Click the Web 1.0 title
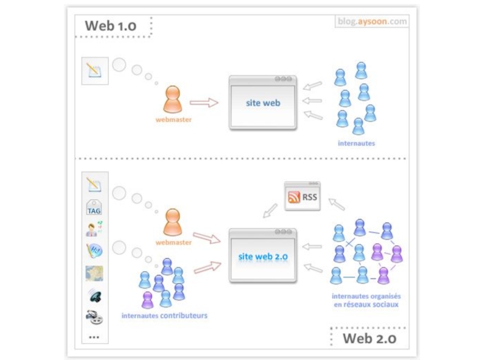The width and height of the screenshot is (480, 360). (111, 26)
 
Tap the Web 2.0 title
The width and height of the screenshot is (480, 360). (369, 338)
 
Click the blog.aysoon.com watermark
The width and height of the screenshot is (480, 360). (372, 22)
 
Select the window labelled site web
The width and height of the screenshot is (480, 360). (263, 103)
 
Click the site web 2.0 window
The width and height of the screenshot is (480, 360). (263, 256)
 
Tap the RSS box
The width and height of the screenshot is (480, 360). (302, 196)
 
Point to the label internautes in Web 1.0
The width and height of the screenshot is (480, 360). (356, 143)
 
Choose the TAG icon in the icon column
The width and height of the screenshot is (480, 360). (94, 208)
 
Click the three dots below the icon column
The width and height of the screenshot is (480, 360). (94, 337)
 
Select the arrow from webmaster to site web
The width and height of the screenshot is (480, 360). (204, 103)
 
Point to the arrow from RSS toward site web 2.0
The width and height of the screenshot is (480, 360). (271, 210)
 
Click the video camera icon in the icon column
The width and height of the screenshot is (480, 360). (94, 316)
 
